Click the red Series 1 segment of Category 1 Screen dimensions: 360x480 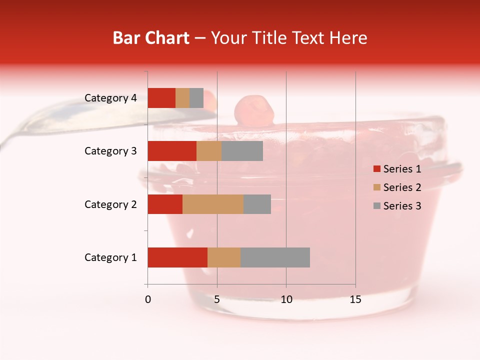pyautogui.click(x=177, y=257)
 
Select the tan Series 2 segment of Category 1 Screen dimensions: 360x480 pyautogui.click(x=224, y=257)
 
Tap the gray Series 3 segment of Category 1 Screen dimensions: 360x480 pyautogui.click(x=275, y=257)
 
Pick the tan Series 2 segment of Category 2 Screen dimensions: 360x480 pyautogui.click(x=213, y=204)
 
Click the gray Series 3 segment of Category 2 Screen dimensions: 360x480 pyautogui.click(x=257, y=204)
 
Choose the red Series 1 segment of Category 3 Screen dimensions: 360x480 pyautogui.click(x=172, y=151)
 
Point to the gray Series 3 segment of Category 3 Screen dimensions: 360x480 pyautogui.click(x=242, y=151)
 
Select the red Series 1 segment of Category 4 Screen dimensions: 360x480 pyautogui.click(x=161, y=98)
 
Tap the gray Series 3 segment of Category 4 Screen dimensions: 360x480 pyautogui.click(x=196, y=98)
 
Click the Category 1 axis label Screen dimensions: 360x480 pyautogui.click(x=110, y=257)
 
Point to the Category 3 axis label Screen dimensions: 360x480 pyautogui.click(x=110, y=151)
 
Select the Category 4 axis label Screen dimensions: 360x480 pyautogui.click(x=110, y=98)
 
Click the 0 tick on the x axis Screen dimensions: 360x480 pyautogui.click(x=148, y=299)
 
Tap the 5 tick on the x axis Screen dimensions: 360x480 pyautogui.click(x=217, y=299)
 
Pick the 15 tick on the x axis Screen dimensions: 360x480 pyautogui.click(x=355, y=299)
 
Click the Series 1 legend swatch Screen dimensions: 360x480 pyautogui.click(x=376, y=169)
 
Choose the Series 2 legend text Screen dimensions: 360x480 pyautogui.click(x=402, y=187)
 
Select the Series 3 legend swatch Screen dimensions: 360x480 pyautogui.click(x=376, y=206)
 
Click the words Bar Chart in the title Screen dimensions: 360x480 pyautogui.click(x=151, y=38)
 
